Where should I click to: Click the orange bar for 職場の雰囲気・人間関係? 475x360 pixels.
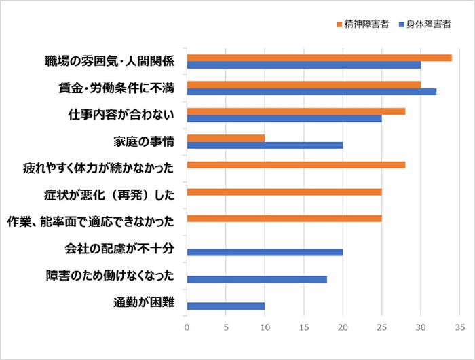pos(319,58)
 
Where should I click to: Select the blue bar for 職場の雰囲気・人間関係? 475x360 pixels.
pos(303,65)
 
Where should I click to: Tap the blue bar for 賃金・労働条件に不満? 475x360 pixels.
pos(311,92)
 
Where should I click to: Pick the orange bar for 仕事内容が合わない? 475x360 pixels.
pos(296,111)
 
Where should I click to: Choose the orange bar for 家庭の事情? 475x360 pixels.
pos(225,138)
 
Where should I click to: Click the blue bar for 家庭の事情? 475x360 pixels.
pos(265,145)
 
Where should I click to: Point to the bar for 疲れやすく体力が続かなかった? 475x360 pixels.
pos(296,165)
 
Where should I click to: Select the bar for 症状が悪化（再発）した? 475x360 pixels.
pos(284,192)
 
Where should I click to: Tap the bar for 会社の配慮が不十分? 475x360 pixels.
pos(265,252)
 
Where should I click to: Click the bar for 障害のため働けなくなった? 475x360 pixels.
pos(256,278)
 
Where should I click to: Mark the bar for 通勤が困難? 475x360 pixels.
pos(225,306)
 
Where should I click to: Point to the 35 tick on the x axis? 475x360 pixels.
pos(459,327)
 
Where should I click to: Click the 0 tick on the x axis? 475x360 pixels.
pos(187,327)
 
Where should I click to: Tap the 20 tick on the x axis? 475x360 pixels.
pos(343,327)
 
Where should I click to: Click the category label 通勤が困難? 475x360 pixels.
pos(143,302)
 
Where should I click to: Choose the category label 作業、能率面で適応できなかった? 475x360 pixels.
pos(90,221)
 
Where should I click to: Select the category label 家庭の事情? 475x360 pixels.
pos(143,141)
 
